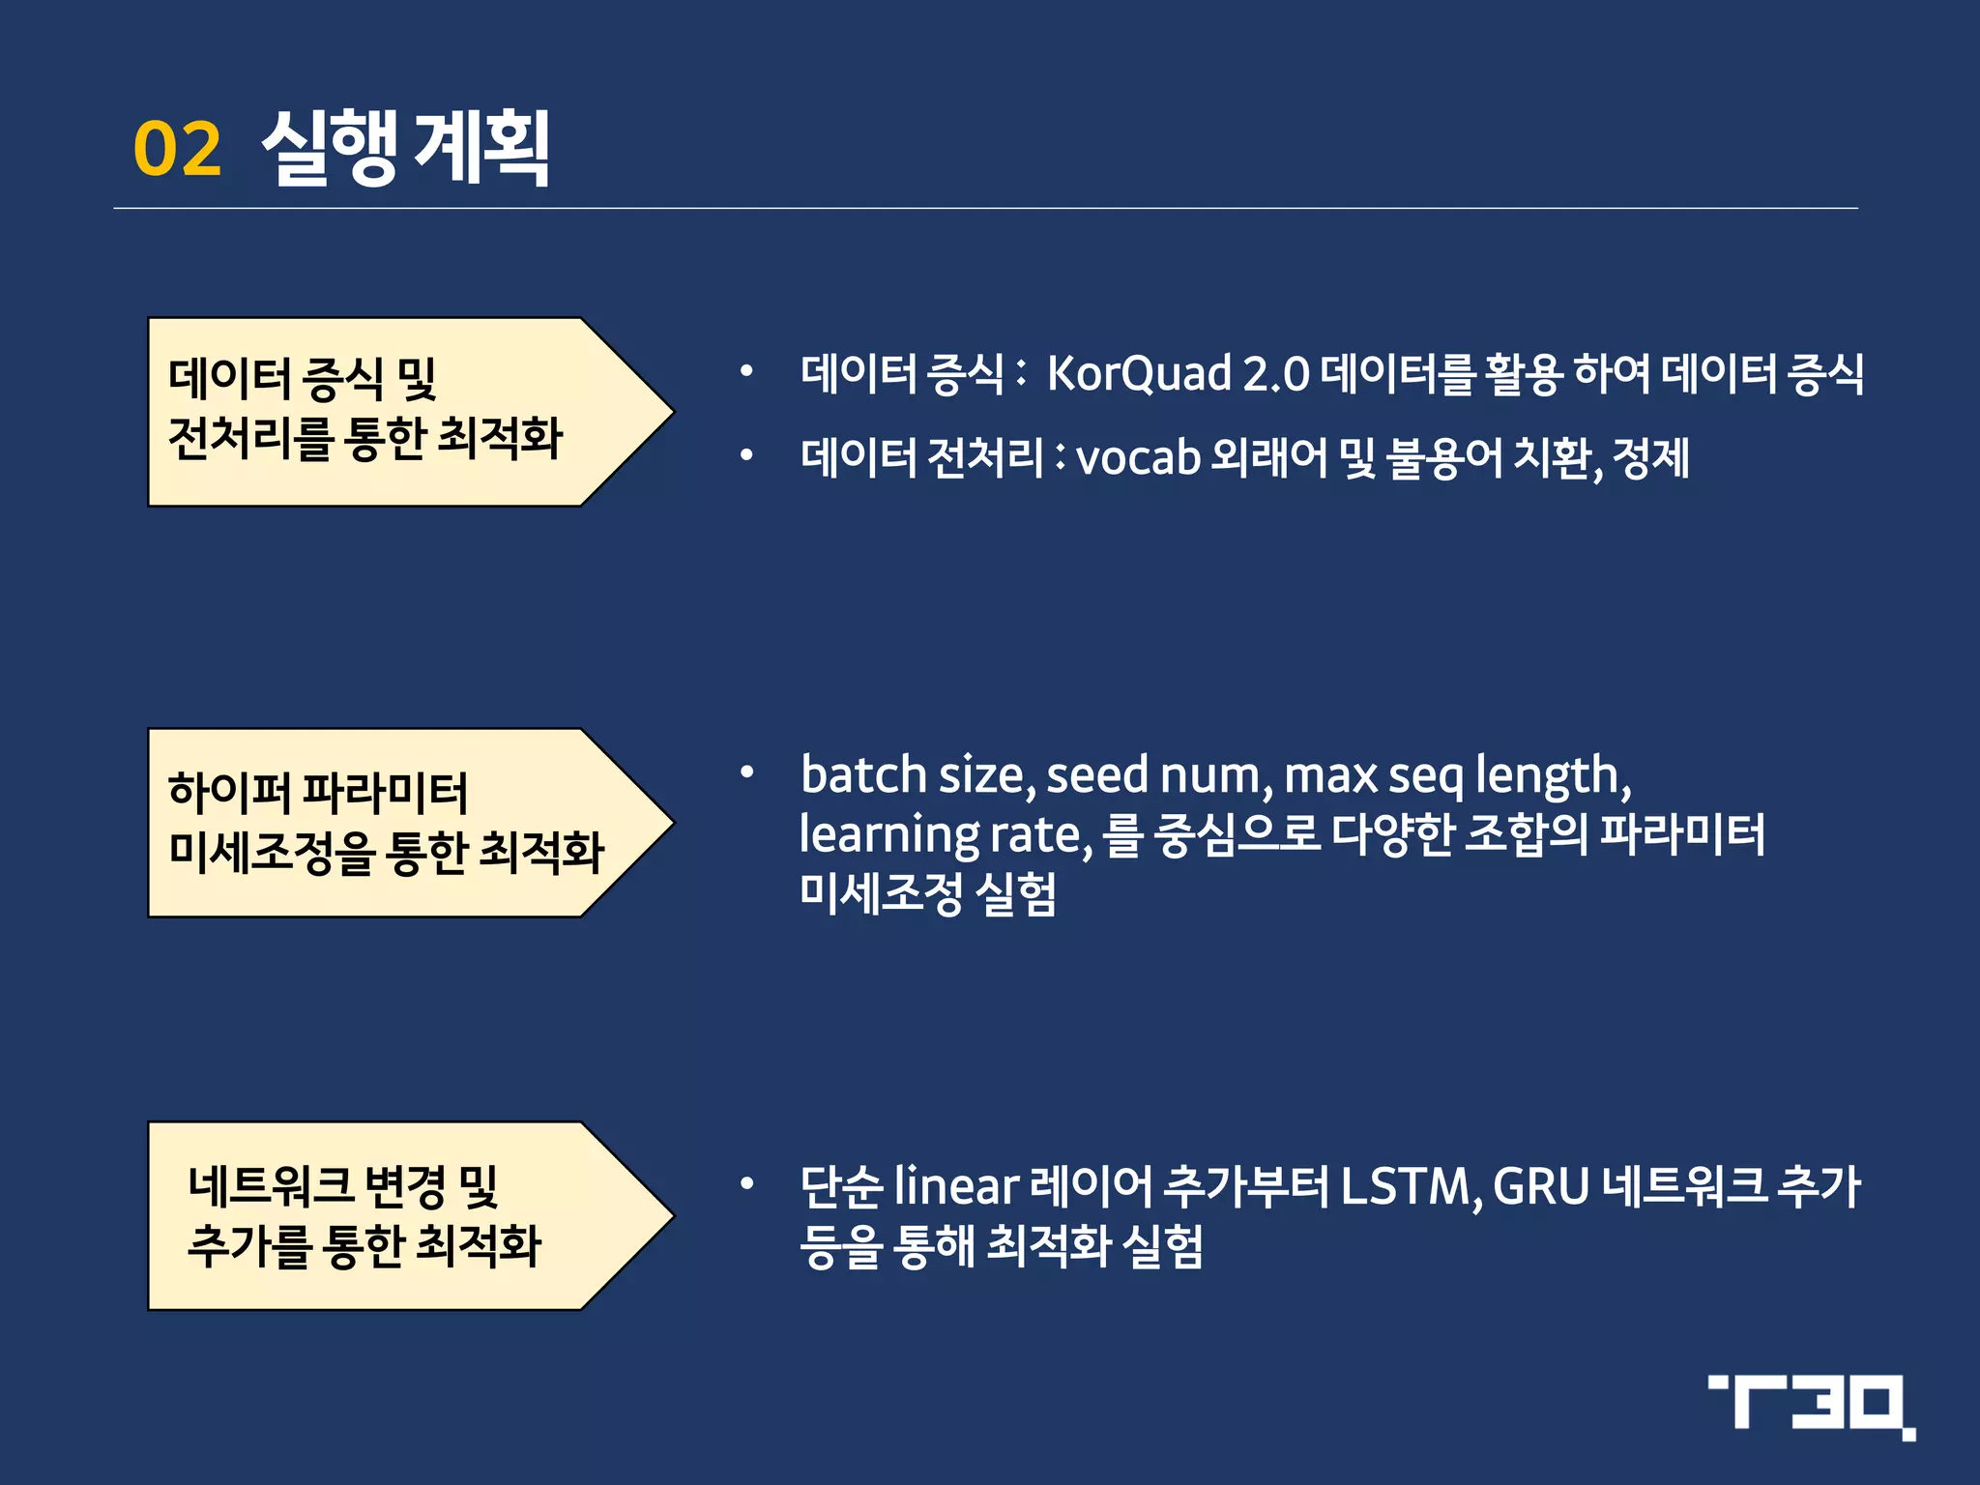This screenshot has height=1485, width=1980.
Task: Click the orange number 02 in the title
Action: coord(177,149)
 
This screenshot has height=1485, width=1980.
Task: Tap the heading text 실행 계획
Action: coord(406,147)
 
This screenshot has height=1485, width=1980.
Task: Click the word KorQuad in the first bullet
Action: coord(1139,374)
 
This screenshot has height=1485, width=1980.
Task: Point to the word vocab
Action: coord(1138,458)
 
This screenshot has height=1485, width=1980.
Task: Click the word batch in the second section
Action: coord(863,774)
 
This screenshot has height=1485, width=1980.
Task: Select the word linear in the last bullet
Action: coord(956,1186)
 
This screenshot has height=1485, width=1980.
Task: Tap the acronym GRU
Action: coord(1541,1186)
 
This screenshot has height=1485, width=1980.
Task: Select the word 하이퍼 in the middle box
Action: coord(228,792)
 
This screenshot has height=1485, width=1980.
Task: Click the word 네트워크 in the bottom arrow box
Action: coord(270,1186)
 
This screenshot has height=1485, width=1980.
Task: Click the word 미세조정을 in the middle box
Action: coord(271,853)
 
